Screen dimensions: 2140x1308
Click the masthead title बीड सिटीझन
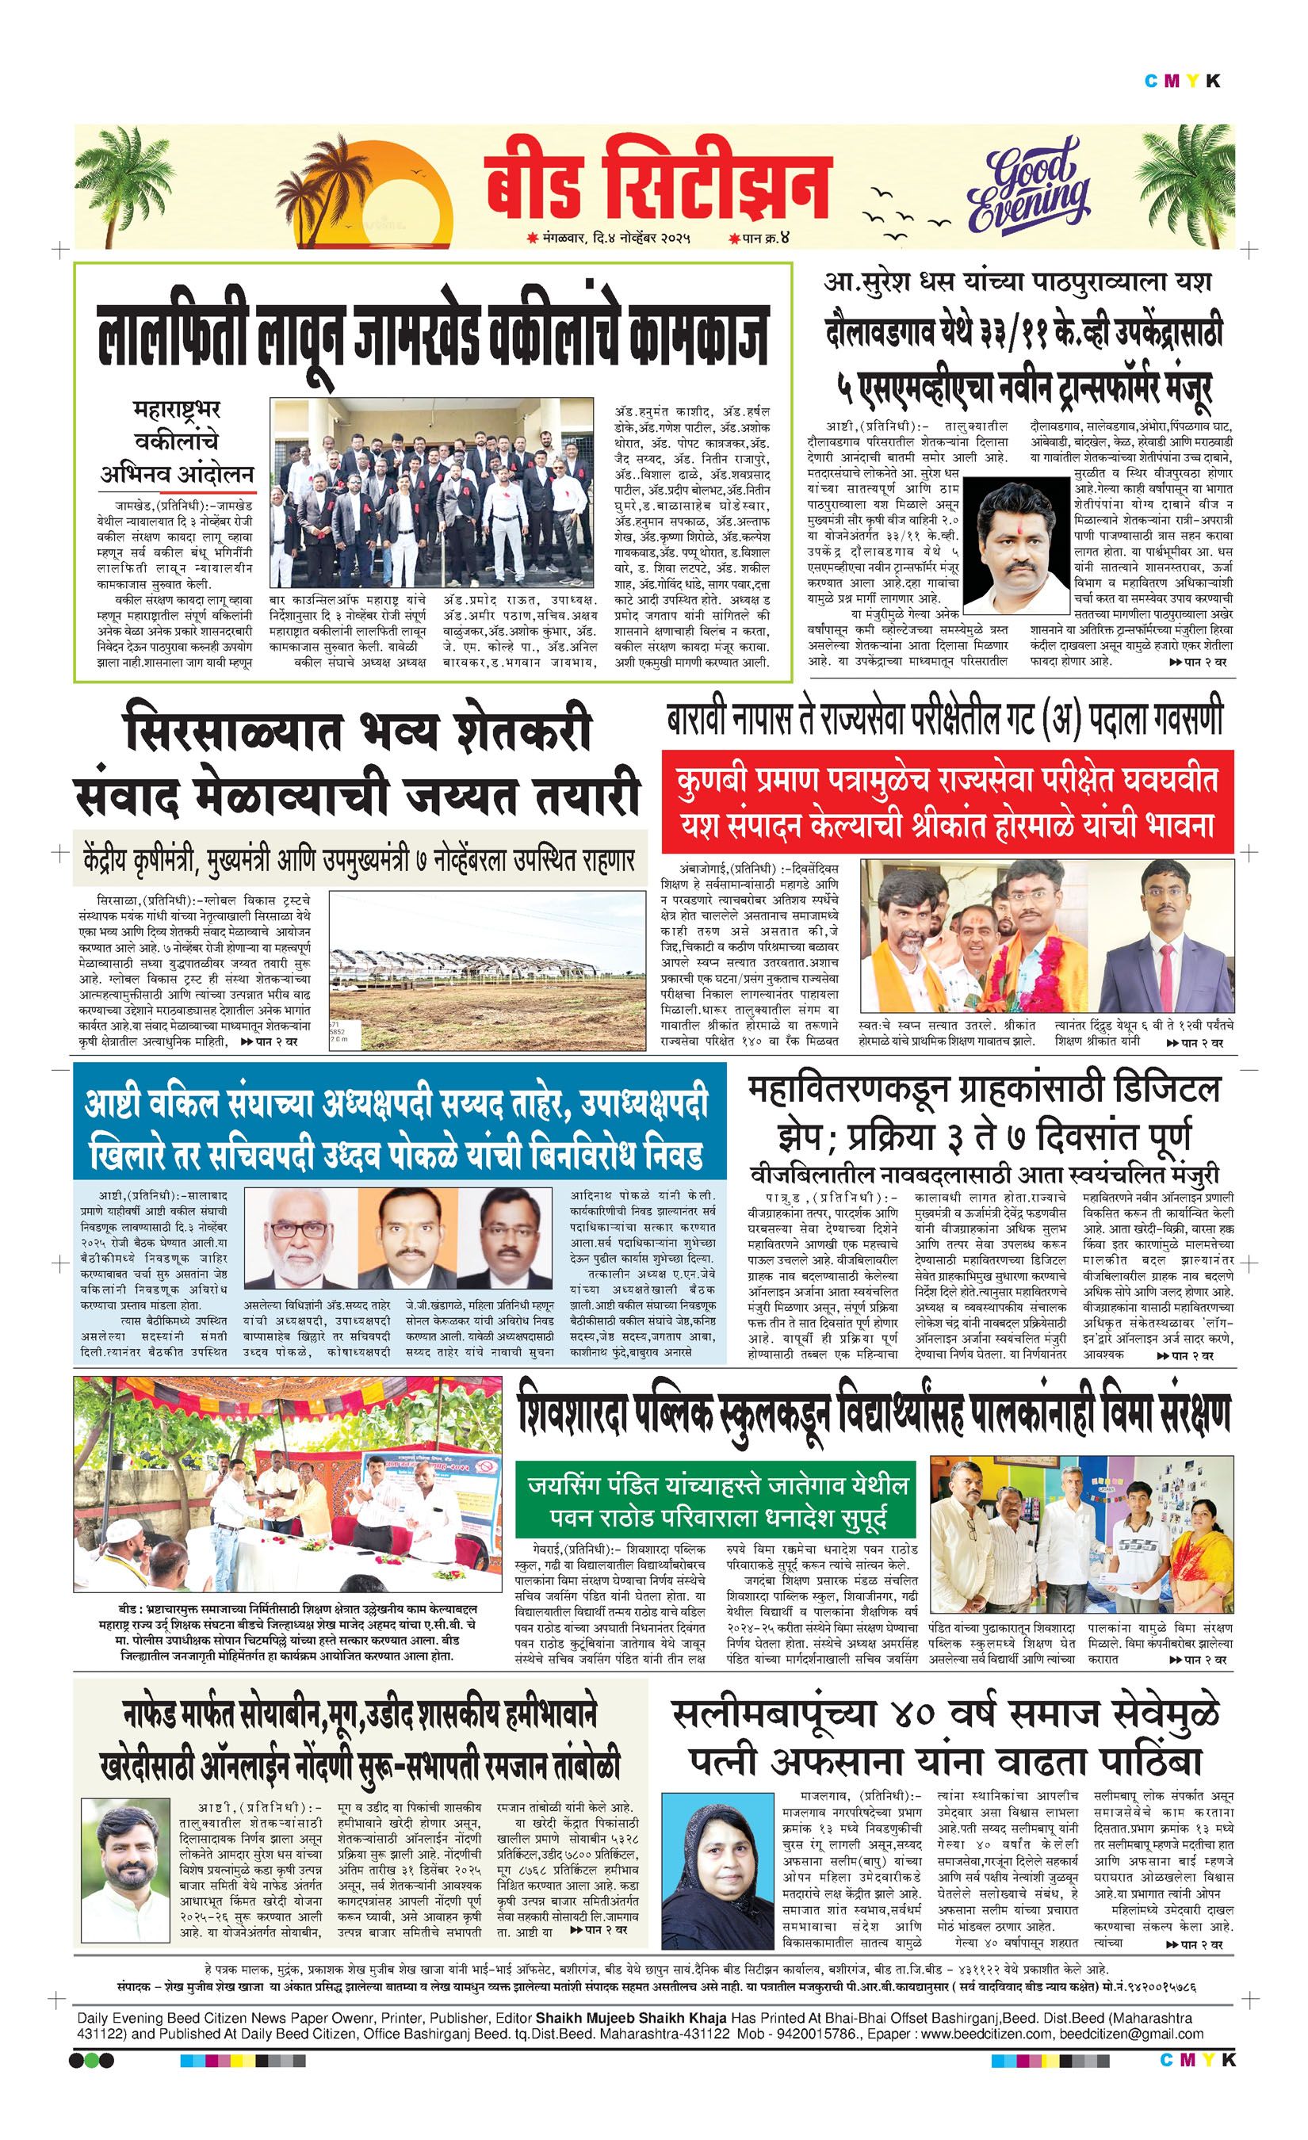click(x=657, y=183)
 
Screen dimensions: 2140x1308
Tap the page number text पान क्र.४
click(x=758, y=238)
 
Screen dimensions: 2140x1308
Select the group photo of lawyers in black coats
click(x=430, y=493)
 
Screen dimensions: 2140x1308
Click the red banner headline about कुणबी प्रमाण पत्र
click(x=947, y=800)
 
